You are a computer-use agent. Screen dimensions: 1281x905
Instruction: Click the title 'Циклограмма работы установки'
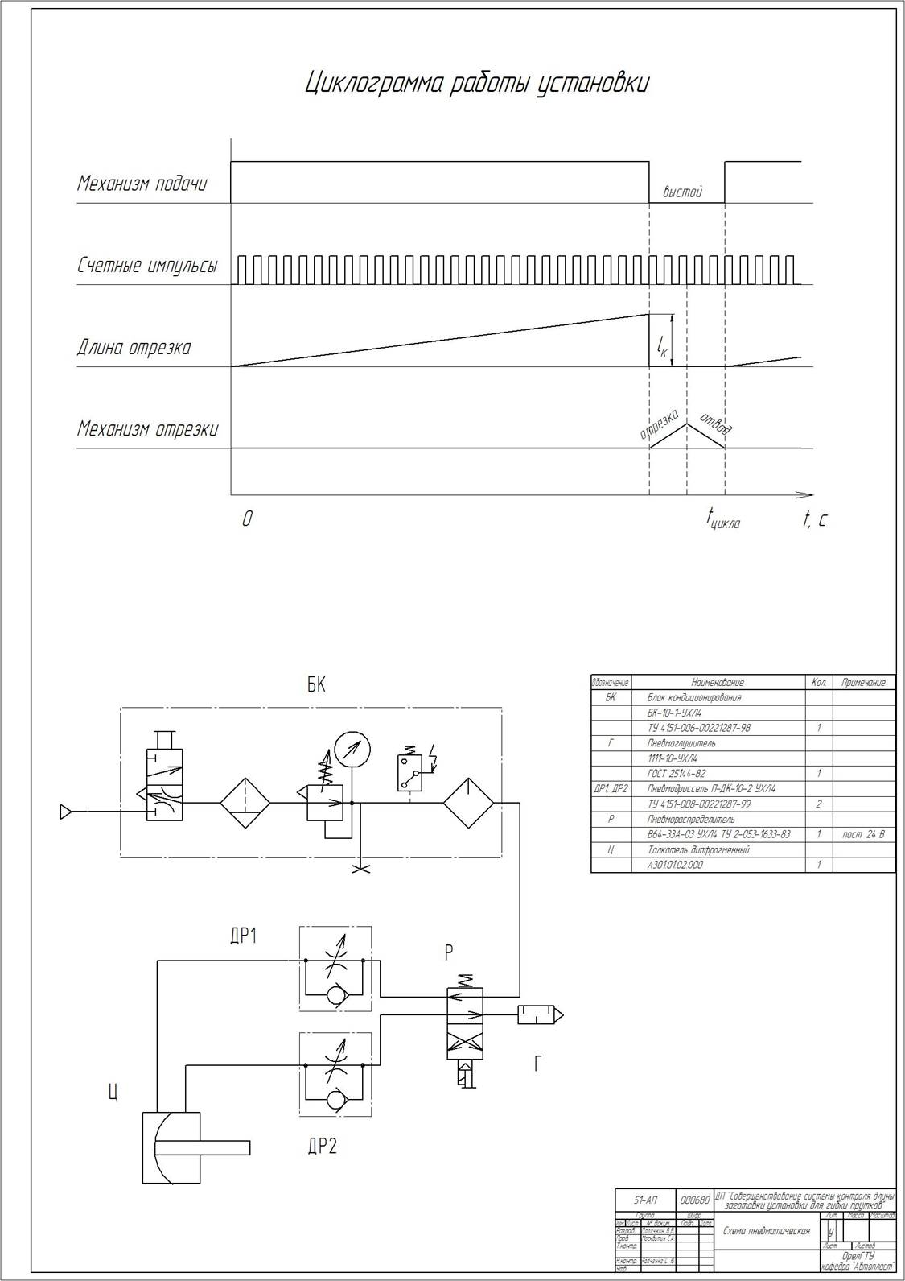tap(477, 84)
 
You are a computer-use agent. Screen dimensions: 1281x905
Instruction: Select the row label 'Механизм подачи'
tap(142, 184)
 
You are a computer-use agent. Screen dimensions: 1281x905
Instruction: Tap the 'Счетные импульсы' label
tap(147, 265)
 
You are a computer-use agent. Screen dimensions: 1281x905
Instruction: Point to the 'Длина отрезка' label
tap(134, 348)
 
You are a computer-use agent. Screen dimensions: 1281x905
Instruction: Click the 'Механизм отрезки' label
tap(147, 428)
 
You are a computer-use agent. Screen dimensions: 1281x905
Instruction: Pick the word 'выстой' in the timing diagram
tap(683, 192)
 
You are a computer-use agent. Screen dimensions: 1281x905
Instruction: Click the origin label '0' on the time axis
tap(247, 519)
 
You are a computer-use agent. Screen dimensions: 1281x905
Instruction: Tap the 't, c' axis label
tap(814, 519)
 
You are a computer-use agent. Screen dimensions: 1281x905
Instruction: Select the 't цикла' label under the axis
tap(723, 519)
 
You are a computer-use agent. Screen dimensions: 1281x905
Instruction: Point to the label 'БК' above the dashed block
tap(316, 685)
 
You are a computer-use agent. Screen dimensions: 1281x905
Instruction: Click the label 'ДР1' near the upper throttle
tap(243, 936)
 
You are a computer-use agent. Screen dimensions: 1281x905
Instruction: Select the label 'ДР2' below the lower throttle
tap(322, 1147)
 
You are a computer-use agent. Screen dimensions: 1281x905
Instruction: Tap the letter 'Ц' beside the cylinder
tap(113, 1092)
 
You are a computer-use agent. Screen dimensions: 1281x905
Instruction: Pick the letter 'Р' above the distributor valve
tap(449, 952)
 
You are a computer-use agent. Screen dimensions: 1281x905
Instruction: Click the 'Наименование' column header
tap(718, 682)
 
